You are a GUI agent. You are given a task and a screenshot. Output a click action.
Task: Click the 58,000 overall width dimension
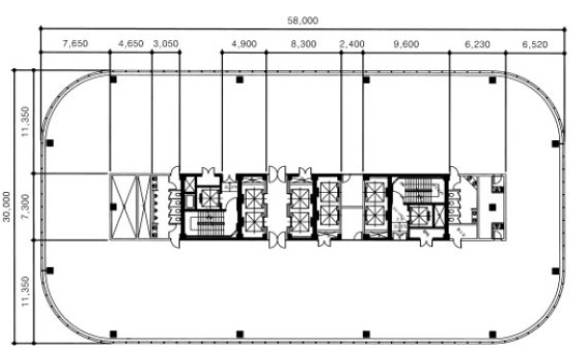[x=303, y=20]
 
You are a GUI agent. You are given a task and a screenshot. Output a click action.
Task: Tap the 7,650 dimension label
[x=75, y=44]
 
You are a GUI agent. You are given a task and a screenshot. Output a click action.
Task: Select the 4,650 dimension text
[x=131, y=44]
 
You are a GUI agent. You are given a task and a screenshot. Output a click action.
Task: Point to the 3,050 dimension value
[x=165, y=44]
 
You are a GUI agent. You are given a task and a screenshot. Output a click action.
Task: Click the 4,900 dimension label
[x=244, y=44]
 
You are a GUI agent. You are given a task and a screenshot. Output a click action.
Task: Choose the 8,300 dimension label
[x=304, y=44]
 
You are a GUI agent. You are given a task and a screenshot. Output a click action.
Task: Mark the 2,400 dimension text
[x=352, y=44]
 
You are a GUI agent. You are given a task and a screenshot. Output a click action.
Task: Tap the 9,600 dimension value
[x=405, y=44]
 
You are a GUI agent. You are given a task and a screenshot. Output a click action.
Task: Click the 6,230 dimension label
[x=477, y=44]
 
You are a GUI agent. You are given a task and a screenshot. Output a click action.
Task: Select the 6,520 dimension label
[x=535, y=44]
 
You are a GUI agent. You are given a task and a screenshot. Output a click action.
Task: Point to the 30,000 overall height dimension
[x=7, y=206]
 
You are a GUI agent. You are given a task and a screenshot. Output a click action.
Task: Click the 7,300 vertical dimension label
[x=25, y=206]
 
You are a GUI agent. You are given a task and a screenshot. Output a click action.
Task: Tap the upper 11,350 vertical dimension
[x=25, y=121]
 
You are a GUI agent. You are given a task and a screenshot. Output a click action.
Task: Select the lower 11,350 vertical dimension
[x=25, y=291]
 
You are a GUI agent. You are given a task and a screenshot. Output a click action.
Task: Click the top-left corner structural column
[x=113, y=80]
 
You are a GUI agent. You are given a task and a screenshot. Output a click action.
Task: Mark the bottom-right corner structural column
[x=493, y=334]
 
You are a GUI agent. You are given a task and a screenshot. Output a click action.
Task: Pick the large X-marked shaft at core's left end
[x=125, y=206]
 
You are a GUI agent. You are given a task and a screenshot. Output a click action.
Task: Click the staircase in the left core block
[x=210, y=224]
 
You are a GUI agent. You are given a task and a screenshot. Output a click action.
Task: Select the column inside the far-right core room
[x=493, y=207]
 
